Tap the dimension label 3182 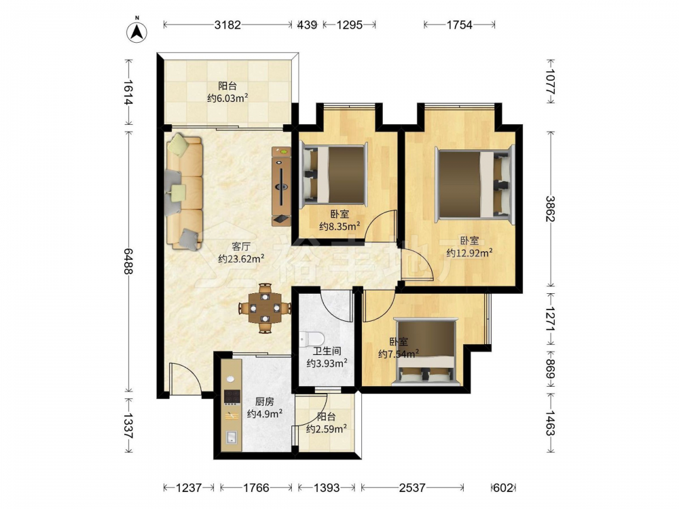(x=227, y=25)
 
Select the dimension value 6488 (x=128, y=261)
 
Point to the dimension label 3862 (x=551, y=208)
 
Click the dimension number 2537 (x=412, y=488)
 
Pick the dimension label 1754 (x=460, y=25)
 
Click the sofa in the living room (x=185, y=192)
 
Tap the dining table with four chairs (x=265, y=308)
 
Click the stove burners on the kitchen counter (x=232, y=396)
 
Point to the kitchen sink (x=232, y=437)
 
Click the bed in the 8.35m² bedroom (x=334, y=174)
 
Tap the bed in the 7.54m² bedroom (x=426, y=352)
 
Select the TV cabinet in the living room (x=281, y=186)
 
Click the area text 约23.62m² (x=241, y=259)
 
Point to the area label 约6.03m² (x=227, y=98)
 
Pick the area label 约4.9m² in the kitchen (x=265, y=414)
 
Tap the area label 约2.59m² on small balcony (x=326, y=429)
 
